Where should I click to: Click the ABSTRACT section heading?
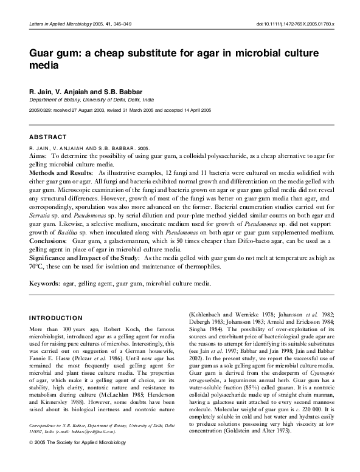coord(48,137)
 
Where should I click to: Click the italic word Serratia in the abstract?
coord(41,216)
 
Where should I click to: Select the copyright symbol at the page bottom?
coord(32,460)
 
